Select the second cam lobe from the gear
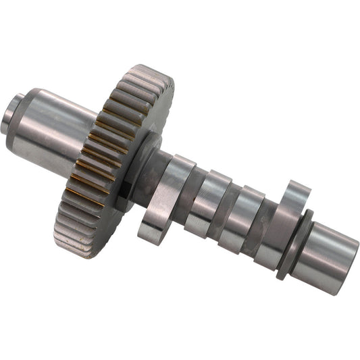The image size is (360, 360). [206, 203]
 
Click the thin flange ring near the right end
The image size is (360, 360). [297, 243]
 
